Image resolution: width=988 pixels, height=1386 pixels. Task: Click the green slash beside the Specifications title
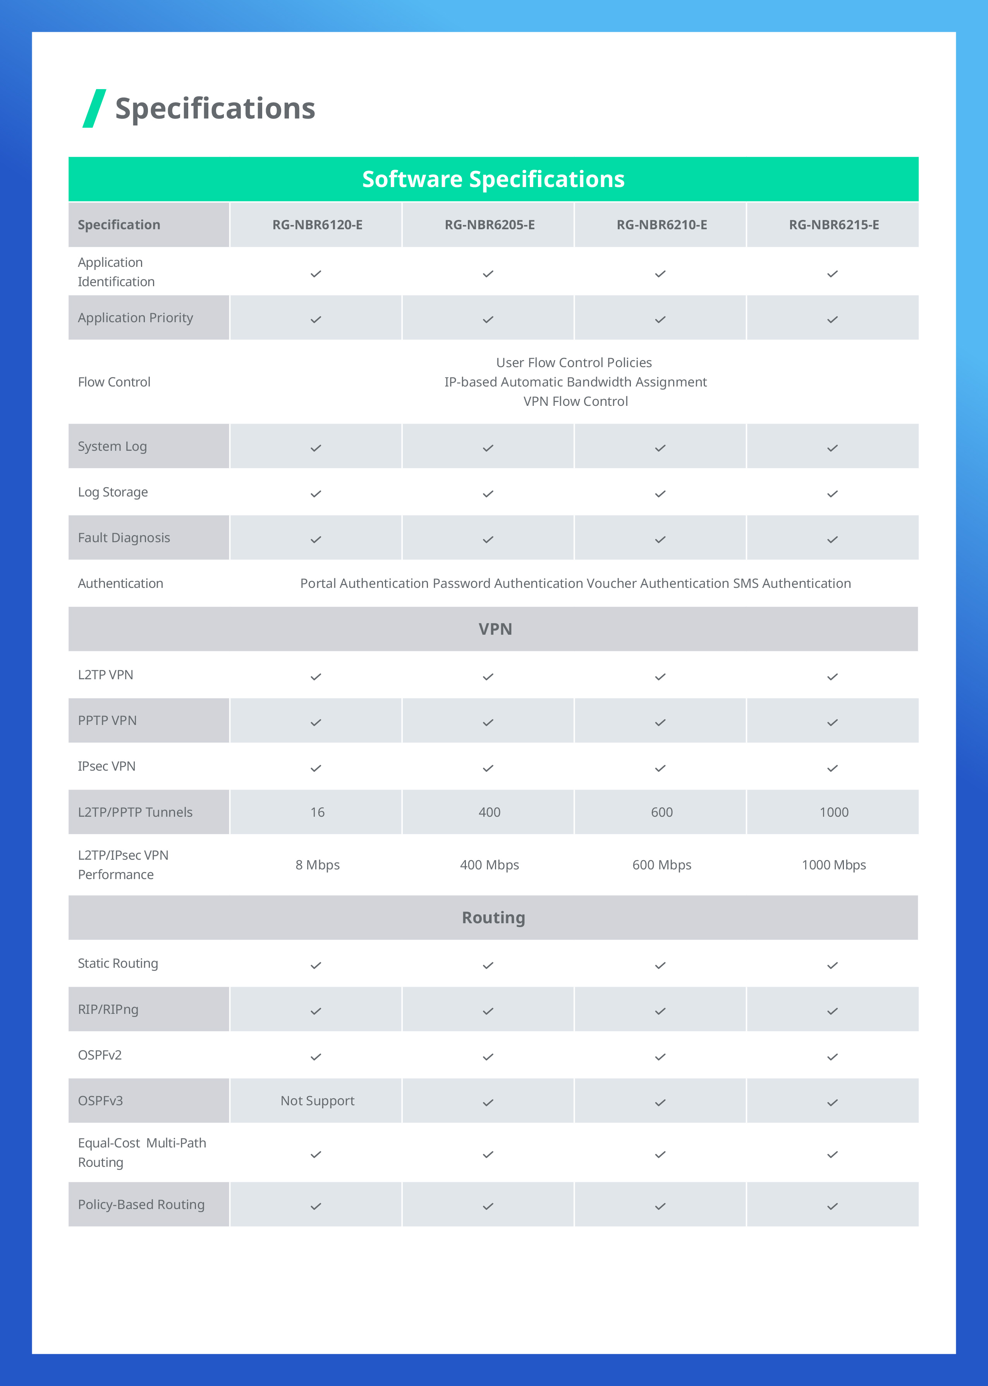94,108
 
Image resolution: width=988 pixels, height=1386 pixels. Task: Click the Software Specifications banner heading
493,179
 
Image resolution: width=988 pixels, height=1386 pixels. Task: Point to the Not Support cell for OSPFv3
317,1101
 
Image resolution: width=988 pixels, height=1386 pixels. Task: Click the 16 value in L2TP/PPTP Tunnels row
317,812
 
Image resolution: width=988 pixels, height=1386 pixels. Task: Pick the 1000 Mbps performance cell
833,865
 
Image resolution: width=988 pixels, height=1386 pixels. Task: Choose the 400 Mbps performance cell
489,865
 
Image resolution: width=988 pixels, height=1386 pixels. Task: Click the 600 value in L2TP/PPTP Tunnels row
661,812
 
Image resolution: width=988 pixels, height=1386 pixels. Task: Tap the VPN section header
495,629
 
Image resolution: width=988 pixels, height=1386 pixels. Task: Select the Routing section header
493,918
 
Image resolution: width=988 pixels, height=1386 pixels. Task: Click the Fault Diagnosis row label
124,538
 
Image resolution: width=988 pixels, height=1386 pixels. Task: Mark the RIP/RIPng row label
108,1010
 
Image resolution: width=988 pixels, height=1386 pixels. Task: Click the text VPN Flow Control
576,401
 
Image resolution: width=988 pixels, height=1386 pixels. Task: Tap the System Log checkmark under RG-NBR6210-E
660,448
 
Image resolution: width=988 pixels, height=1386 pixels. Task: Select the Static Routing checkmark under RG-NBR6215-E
832,965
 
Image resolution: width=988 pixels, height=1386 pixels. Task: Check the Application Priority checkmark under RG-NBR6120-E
316,319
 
